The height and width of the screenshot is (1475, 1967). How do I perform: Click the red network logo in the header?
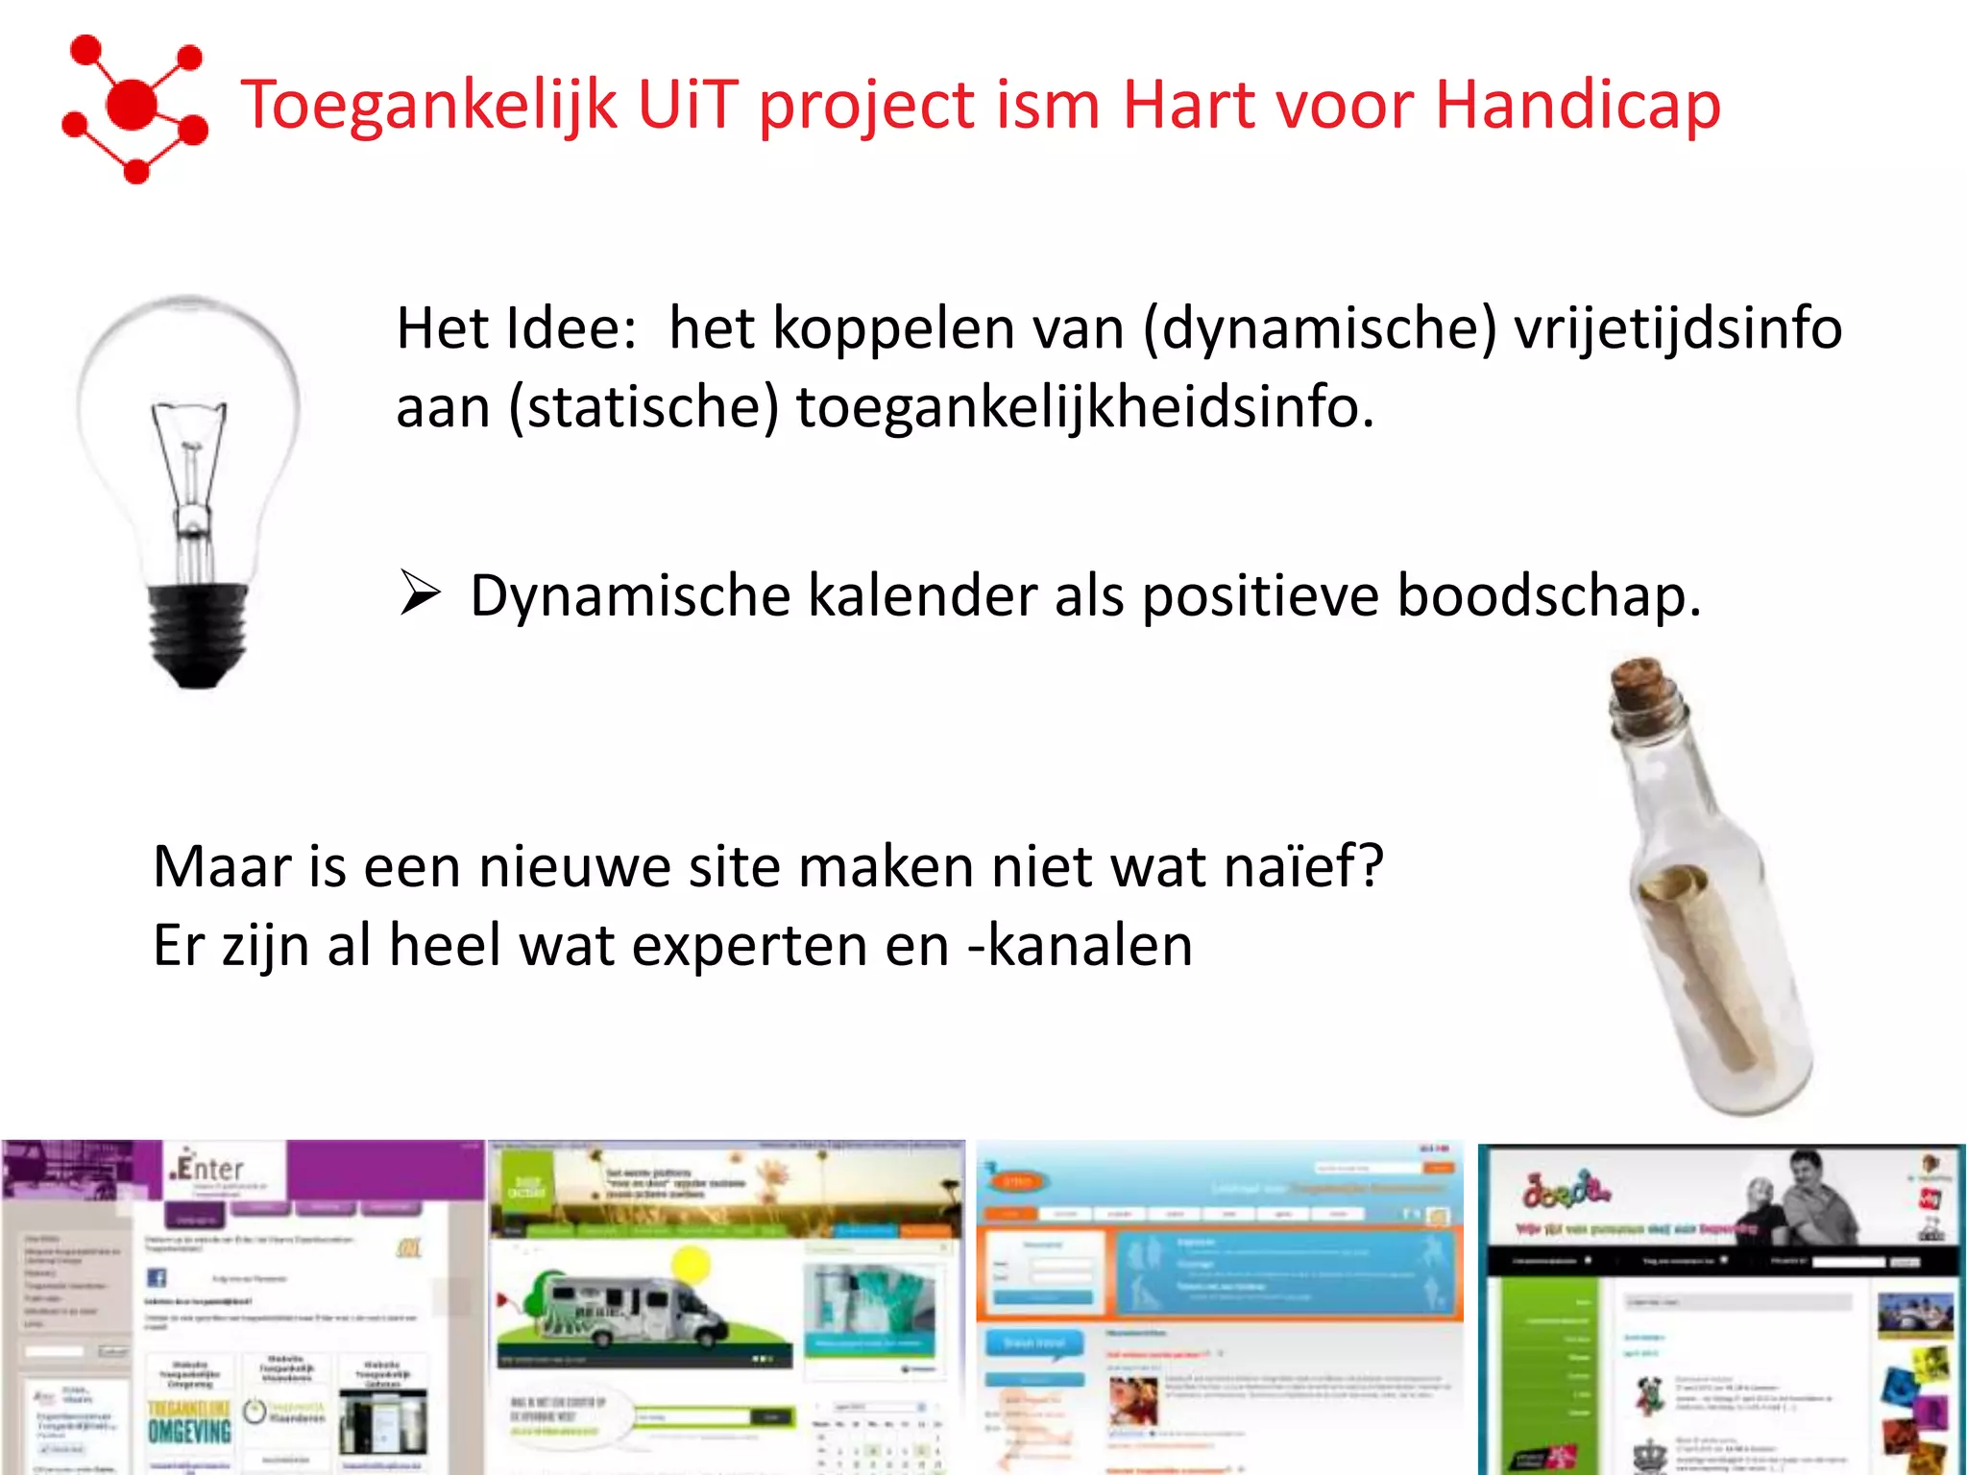(x=134, y=108)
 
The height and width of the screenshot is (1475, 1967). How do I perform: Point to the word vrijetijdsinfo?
(x=1677, y=328)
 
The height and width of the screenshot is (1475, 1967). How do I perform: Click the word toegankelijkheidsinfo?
(x=1084, y=407)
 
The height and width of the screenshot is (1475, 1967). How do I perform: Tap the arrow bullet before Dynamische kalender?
(x=421, y=592)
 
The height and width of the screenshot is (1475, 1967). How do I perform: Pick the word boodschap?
(x=1548, y=595)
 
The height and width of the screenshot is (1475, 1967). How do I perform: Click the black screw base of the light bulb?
(x=197, y=634)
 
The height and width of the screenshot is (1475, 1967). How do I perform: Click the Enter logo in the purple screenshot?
(x=209, y=1169)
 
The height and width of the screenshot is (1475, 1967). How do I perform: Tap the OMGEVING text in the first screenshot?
(x=189, y=1431)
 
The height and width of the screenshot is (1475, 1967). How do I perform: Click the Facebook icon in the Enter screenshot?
(x=157, y=1277)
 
